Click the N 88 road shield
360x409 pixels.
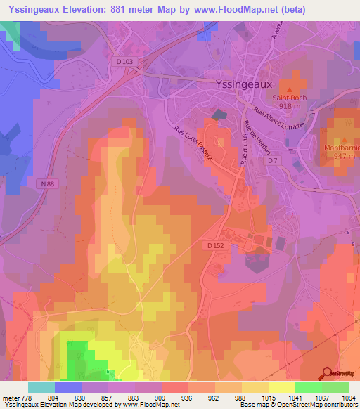[x=48, y=184]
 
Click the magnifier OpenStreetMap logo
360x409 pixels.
[x=328, y=372]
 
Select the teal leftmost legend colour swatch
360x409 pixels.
[x=41, y=387]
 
